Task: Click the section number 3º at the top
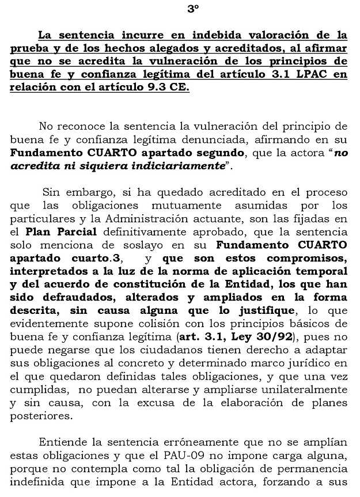193,9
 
